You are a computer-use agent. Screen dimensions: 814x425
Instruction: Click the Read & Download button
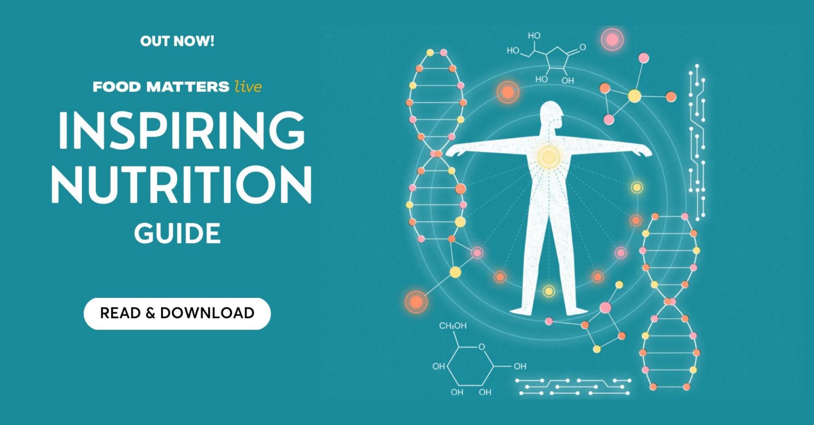pyautogui.click(x=177, y=313)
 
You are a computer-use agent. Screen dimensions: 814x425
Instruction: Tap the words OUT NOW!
pyautogui.click(x=177, y=41)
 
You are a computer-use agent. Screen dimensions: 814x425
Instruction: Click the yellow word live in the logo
pyautogui.click(x=248, y=86)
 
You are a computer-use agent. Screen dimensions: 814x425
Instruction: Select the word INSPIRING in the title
pyautogui.click(x=182, y=130)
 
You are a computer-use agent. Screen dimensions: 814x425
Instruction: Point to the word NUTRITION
pyautogui.click(x=182, y=184)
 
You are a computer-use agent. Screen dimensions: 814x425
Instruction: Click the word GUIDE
pyautogui.click(x=177, y=234)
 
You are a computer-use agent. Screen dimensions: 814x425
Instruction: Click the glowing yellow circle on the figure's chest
pyautogui.click(x=548, y=157)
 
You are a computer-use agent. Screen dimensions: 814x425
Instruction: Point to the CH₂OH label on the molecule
pyautogui.click(x=453, y=326)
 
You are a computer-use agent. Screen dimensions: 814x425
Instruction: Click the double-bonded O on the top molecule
pyautogui.click(x=582, y=47)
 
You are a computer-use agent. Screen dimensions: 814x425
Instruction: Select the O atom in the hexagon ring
pyautogui.click(x=481, y=347)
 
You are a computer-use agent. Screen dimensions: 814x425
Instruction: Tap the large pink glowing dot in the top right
pyautogui.click(x=612, y=40)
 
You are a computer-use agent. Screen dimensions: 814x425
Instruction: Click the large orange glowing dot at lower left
pyautogui.click(x=416, y=301)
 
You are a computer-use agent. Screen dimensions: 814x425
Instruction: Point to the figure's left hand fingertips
pyautogui.click(x=448, y=154)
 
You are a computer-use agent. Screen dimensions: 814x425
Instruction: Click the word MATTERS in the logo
pyautogui.click(x=188, y=87)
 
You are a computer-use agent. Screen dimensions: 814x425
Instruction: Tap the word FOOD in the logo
pyautogui.click(x=117, y=87)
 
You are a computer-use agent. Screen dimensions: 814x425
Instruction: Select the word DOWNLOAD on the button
pyautogui.click(x=207, y=313)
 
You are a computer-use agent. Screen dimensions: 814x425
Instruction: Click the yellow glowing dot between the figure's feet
pyautogui.click(x=549, y=291)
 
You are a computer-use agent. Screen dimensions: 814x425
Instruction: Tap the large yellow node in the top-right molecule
pyautogui.click(x=634, y=96)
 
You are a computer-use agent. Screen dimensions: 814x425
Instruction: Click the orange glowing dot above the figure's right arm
pyautogui.click(x=508, y=92)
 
